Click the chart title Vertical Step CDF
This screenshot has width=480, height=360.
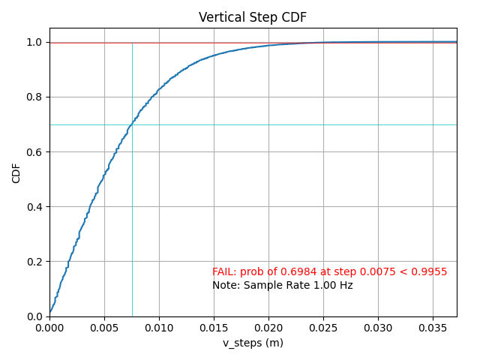pos(252,17)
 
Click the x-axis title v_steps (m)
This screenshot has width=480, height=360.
pos(253,343)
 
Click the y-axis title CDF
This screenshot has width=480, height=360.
pos(16,172)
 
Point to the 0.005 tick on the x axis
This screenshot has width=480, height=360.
pos(104,327)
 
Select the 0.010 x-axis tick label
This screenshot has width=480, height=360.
pos(159,327)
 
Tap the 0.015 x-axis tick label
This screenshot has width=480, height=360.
pos(214,327)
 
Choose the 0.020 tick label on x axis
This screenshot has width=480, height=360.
pos(268,327)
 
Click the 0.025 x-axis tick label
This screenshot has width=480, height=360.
pos(323,327)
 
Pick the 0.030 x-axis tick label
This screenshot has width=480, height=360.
pos(378,327)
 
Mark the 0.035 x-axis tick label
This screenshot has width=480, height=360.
pos(433,327)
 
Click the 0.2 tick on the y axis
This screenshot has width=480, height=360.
pos(35,262)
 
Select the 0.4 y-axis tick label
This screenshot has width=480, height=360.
pos(35,207)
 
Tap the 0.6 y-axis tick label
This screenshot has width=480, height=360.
pos(35,152)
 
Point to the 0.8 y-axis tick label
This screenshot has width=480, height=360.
pos(35,97)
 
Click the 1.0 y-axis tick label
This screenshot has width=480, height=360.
pos(35,43)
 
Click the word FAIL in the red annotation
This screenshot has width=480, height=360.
pos(223,271)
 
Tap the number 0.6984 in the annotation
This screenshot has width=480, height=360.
pos(294,271)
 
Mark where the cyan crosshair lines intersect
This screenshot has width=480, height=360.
pos(132,124)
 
